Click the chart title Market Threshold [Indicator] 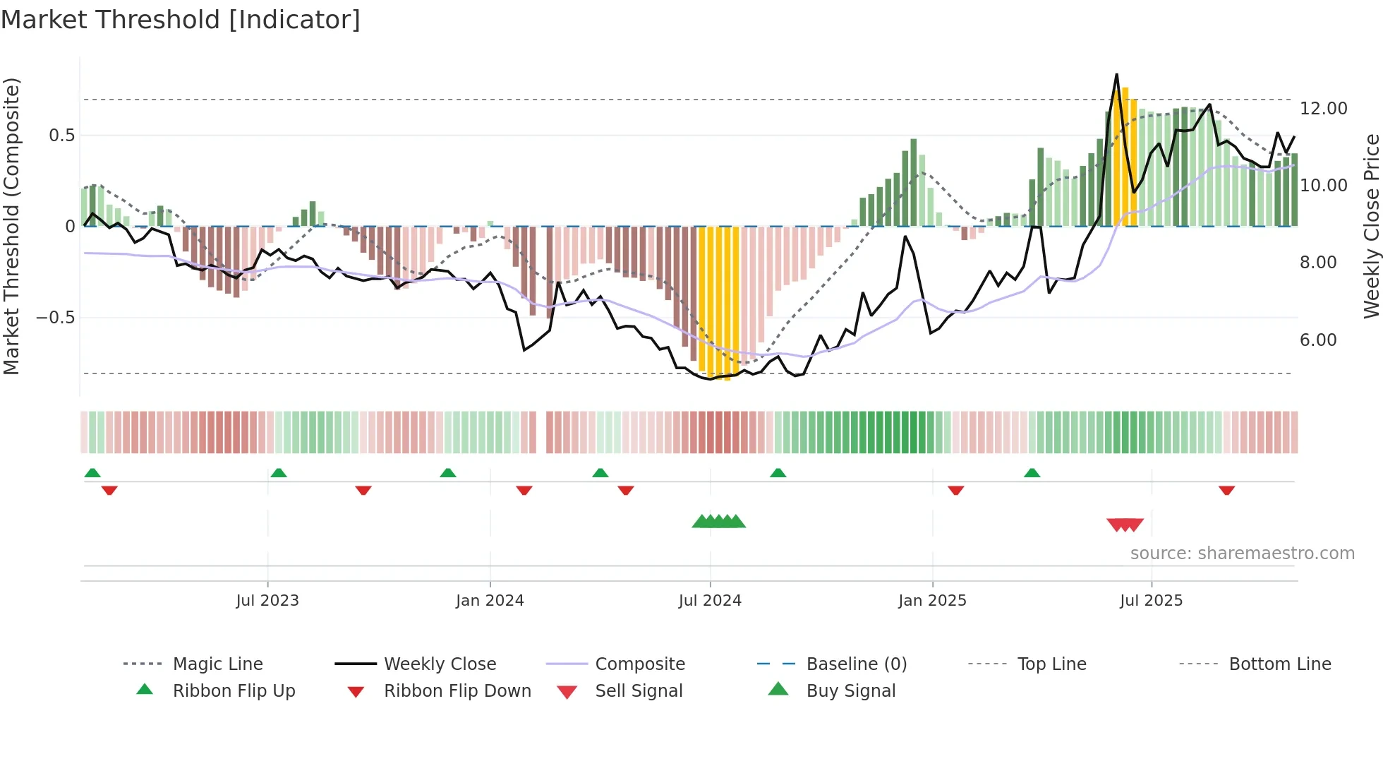pyautogui.click(x=181, y=20)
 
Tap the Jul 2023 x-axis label pyautogui.click(x=267, y=601)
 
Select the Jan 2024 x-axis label pyautogui.click(x=490, y=601)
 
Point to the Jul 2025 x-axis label pyautogui.click(x=1151, y=601)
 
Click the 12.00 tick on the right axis pyautogui.click(x=1323, y=109)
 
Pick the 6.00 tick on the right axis pyautogui.click(x=1318, y=340)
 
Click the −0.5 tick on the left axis pyautogui.click(x=55, y=318)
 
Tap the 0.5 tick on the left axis pyautogui.click(x=61, y=136)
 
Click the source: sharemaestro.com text pyautogui.click(x=1242, y=553)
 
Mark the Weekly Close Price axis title pyautogui.click(x=1371, y=226)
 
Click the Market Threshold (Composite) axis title pyautogui.click(x=11, y=226)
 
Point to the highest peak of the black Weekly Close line pyautogui.click(x=1116, y=75)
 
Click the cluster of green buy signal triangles pyautogui.click(x=718, y=522)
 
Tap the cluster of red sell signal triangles pyautogui.click(x=1125, y=525)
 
